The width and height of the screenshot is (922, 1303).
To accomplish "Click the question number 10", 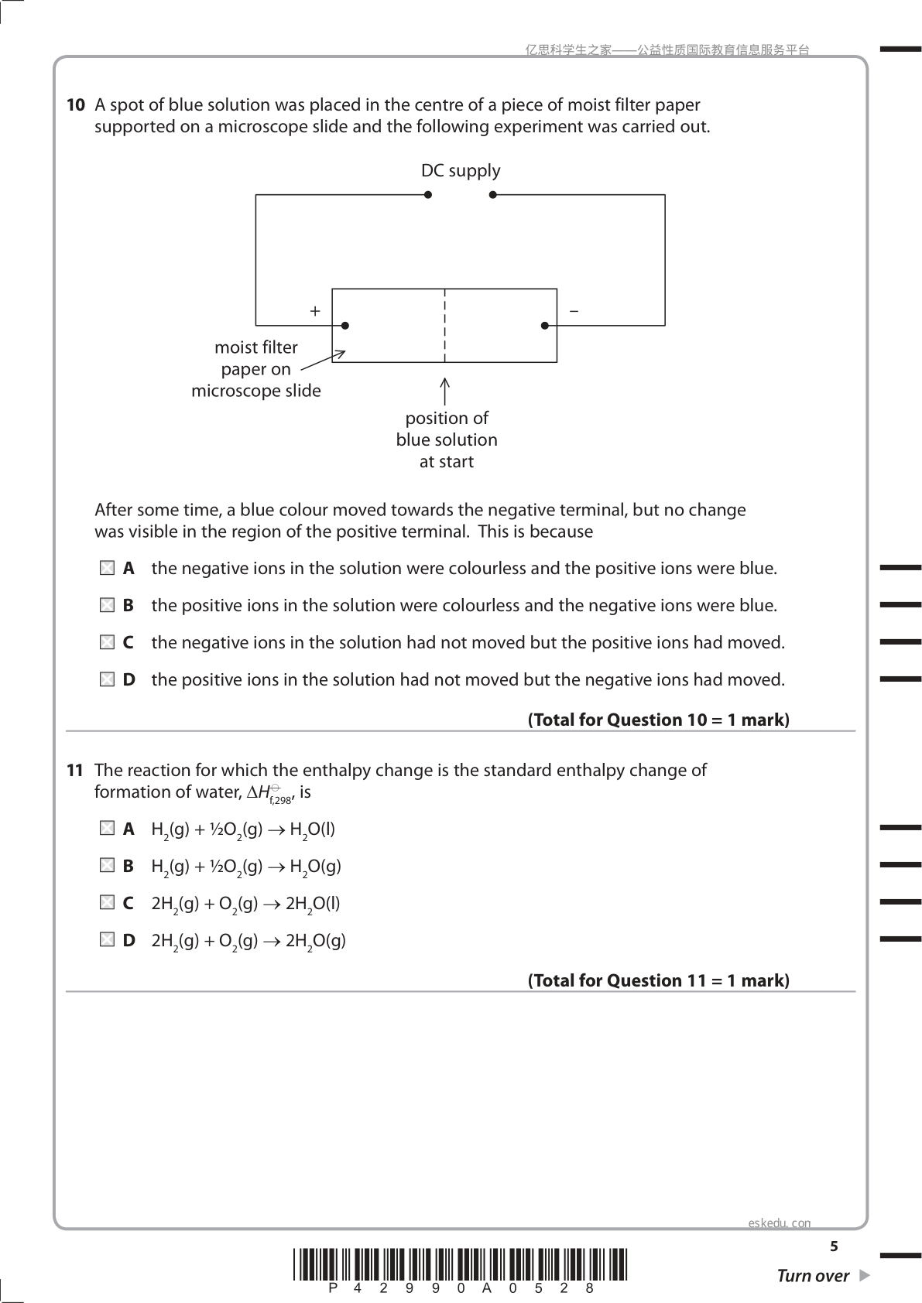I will click(75, 105).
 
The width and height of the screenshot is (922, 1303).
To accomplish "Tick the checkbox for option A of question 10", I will click(107, 569).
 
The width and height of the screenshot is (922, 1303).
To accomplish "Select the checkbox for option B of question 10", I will click(107, 606).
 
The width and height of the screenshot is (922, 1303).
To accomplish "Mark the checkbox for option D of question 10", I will click(107, 680).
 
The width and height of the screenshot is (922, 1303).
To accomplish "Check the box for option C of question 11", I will click(107, 903).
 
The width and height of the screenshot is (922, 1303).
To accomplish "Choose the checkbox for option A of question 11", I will click(107, 829).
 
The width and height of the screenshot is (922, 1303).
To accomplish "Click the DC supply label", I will click(461, 171).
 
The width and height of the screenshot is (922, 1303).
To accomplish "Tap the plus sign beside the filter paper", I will click(315, 311).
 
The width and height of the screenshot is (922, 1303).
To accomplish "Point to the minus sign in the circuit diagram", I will click(574, 311).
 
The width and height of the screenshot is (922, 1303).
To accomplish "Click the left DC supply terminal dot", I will click(428, 195).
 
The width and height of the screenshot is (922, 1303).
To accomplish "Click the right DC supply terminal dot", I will click(492, 195).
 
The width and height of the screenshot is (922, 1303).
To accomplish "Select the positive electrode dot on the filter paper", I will click(345, 326).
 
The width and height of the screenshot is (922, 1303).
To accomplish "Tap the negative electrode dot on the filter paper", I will click(545, 326).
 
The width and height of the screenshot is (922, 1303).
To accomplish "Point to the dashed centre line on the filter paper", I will click(444, 325).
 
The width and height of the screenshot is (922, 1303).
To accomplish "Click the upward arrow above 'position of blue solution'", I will click(444, 391).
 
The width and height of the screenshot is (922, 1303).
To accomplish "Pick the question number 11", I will click(75, 771).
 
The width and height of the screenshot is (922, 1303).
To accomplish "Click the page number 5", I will click(834, 1247).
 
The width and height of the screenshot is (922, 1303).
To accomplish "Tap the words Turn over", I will click(813, 1276).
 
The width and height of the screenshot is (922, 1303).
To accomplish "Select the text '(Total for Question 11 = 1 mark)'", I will click(659, 981).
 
